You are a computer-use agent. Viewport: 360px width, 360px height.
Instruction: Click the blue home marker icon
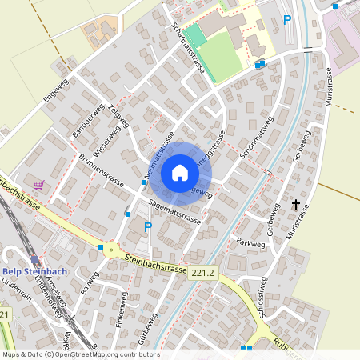pyautogui.click(x=179, y=172)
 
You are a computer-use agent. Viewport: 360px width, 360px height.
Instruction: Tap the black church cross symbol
pyautogui.click(x=296, y=206)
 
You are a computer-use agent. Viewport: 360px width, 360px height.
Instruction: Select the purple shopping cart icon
pyautogui.click(x=38, y=185)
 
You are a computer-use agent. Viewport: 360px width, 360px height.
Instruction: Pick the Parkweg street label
pyautogui.click(x=250, y=240)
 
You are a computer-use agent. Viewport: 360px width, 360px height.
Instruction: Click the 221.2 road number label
pyautogui.click(x=203, y=273)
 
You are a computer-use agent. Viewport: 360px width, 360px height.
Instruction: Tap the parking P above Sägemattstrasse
pyautogui.click(x=147, y=228)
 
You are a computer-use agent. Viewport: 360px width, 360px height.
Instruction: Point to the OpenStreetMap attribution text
pyautogui.click(x=80, y=354)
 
